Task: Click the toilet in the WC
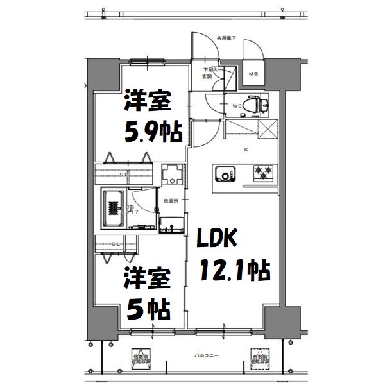257,103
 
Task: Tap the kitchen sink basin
225,173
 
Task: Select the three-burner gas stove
264,172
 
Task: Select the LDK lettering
219,240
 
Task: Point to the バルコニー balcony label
205,355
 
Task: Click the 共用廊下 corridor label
225,38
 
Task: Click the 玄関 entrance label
207,76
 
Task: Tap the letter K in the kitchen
245,151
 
